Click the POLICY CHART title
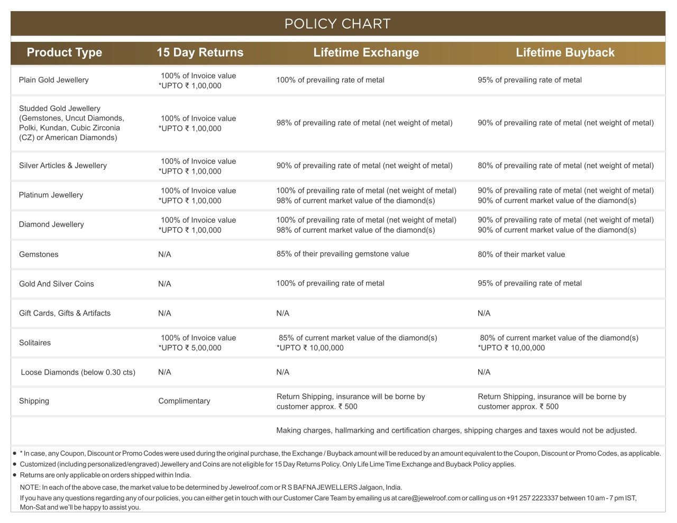(x=337, y=24)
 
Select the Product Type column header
(x=64, y=52)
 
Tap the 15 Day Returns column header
(x=200, y=52)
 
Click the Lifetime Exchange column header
(x=366, y=52)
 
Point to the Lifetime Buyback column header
(x=565, y=52)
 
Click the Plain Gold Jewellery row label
(x=54, y=80)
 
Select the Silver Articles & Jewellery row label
(x=63, y=166)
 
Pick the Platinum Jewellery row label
(x=51, y=195)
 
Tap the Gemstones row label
(x=39, y=254)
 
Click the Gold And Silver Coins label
(x=57, y=284)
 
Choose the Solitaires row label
(x=35, y=343)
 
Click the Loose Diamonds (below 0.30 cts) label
(x=78, y=372)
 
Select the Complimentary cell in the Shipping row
(x=184, y=401)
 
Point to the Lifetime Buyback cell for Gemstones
(x=521, y=254)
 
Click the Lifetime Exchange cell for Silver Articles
(x=364, y=166)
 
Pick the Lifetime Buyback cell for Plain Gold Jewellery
(x=529, y=80)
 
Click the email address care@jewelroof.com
(x=429, y=498)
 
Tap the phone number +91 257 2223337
(x=532, y=498)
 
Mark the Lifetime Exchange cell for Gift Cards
(x=283, y=313)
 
